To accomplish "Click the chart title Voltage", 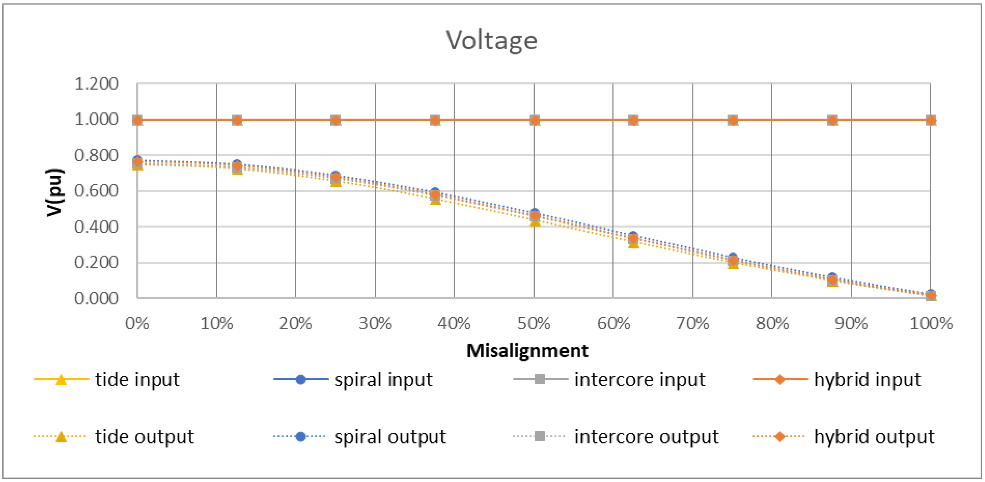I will [492, 40].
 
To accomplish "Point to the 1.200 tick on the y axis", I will [96, 84].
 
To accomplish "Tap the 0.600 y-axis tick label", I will [96, 191].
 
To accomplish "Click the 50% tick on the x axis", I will [534, 324].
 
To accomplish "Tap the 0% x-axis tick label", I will [137, 324].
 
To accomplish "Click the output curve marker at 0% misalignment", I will [138, 162].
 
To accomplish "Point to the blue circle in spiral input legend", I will [301, 379].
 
